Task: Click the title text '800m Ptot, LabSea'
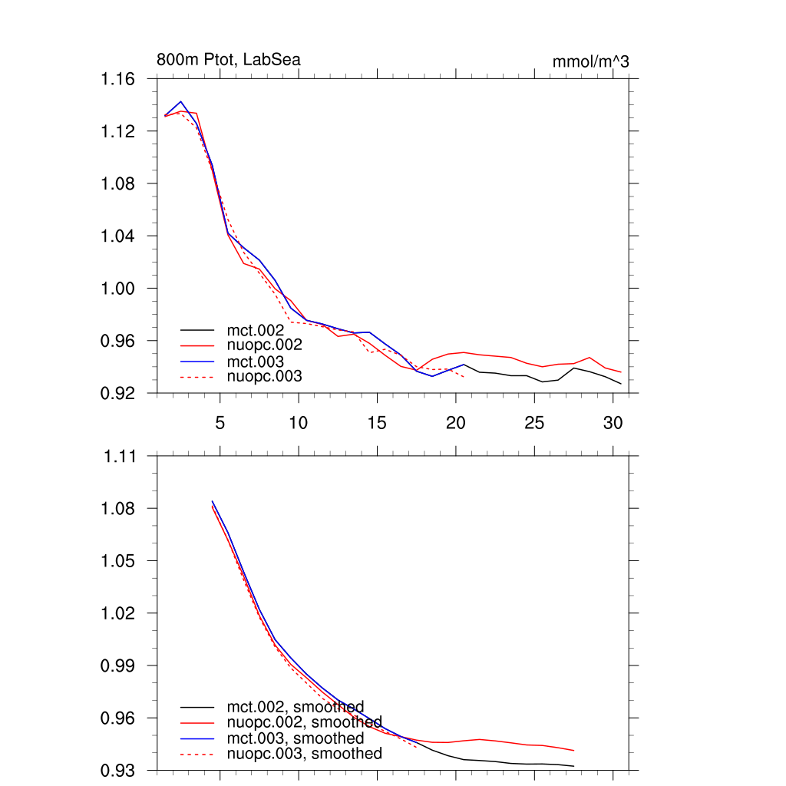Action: click(228, 60)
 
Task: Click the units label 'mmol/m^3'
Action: click(590, 61)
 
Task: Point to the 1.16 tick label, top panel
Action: click(117, 79)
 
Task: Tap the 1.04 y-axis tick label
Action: click(117, 236)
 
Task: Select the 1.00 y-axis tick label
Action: click(117, 288)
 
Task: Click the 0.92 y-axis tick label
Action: click(117, 392)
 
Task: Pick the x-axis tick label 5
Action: click(220, 422)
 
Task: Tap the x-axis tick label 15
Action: click(376, 422)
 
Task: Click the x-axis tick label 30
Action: click(612, 422)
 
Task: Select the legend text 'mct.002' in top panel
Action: click(261, 330)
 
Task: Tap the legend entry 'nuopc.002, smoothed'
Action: click(304, 722)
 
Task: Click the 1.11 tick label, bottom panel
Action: click(119, 457)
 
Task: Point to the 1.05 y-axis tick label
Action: click(119, 561)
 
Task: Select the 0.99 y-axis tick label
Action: click(119, 665)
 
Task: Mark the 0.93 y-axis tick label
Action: click(119, 770)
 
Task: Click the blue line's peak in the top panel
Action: click(181, 101)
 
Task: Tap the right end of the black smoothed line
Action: click(573, 766)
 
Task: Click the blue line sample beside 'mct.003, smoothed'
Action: click(200, 738)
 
